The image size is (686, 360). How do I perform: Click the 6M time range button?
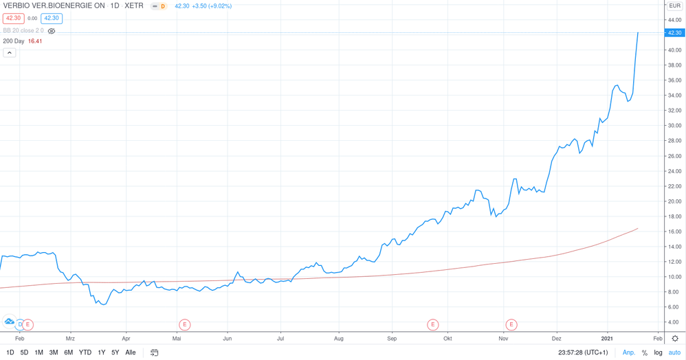(x=68, y=352)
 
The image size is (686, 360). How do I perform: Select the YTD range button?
(x=85, y=352)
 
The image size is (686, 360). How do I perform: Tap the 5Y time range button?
(x=115, y=352)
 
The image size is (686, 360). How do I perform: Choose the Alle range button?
(x=130, y=352)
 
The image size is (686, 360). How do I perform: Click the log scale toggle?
(x=658, y=352)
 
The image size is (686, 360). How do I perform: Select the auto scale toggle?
(x=674, y=352)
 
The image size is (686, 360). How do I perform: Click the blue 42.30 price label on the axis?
(x=674, y=33)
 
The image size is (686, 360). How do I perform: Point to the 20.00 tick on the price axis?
(x=674, y=201)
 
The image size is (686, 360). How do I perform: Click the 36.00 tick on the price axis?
(x=674, y=80)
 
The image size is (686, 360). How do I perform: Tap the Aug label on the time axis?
(x=338, y=339)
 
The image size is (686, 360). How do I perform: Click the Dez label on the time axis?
(x=556, y=339)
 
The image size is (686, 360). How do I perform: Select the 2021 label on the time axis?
(x=607, y=339)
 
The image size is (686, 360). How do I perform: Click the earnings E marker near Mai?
(x=184, y=324)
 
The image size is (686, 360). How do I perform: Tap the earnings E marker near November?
(x=511, y=324)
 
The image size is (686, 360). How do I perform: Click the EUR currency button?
(x=674, y=5)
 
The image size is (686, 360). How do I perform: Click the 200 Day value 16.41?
(x=35, y=41)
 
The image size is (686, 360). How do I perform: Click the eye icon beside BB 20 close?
(x=52, y=31)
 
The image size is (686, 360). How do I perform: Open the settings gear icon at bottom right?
(x=674, y=339)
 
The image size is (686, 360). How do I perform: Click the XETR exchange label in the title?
(x=134, y=5)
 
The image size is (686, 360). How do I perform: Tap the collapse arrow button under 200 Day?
(x=10, y=53)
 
